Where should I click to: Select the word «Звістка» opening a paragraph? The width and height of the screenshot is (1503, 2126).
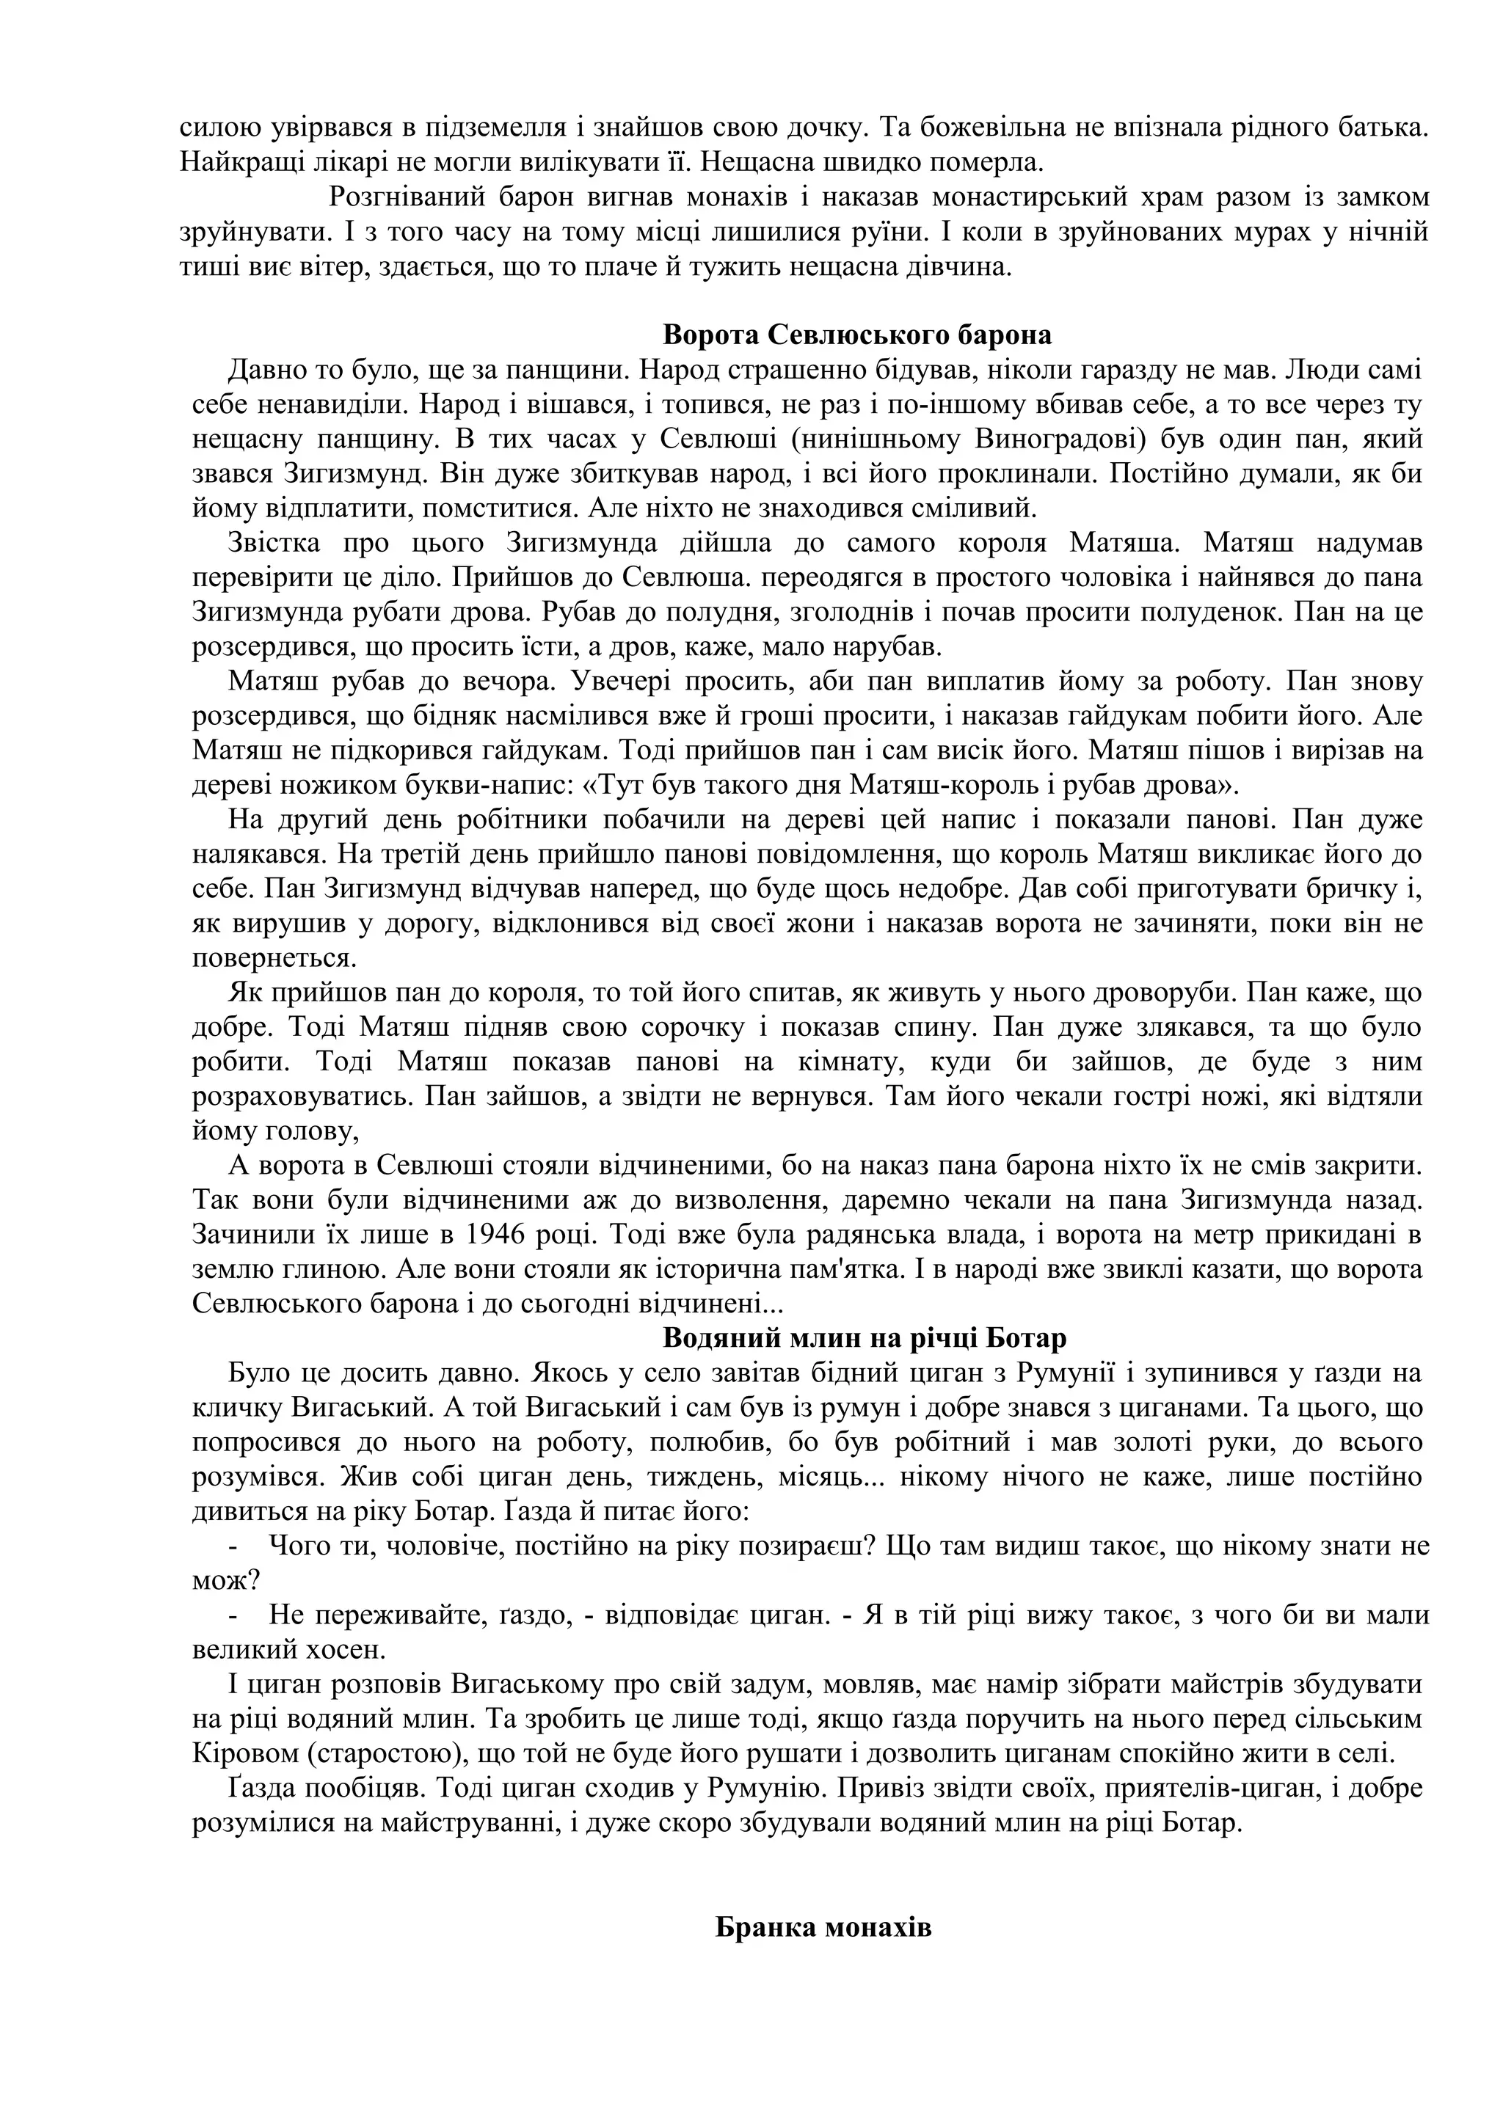273,543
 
